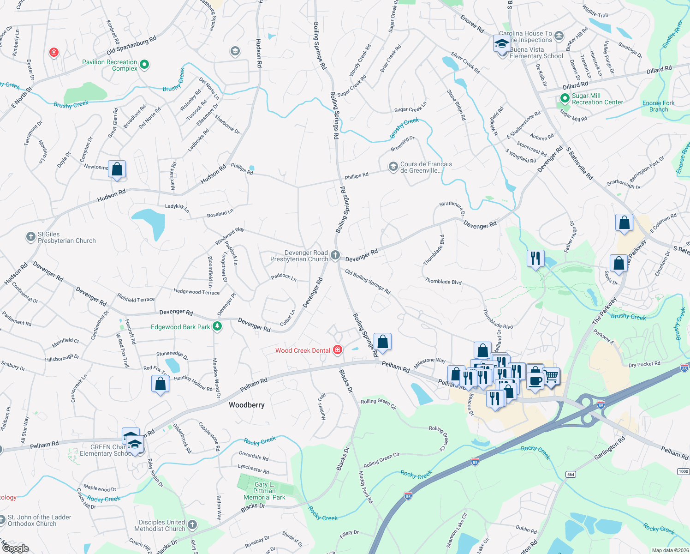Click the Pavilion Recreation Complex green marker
(144, 65)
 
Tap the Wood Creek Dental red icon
(338, 350)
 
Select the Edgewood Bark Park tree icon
(217, 326)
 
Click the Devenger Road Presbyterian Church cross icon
(335, 255)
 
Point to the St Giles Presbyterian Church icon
(30, 237)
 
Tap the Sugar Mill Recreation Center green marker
(565, 98)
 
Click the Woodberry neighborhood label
(247, 405)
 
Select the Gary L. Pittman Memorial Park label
(264, 491)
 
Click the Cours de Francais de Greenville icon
(393, 167)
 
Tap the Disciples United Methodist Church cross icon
(192, 524)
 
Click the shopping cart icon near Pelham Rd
(552, 377)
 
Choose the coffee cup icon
(535, 381)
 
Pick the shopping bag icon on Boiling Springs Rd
(382, 342)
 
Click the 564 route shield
(571, 475)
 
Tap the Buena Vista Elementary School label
(536, 53)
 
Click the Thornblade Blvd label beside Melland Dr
(498, 319)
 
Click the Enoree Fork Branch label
(658, 106)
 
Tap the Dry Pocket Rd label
(644, 364)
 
